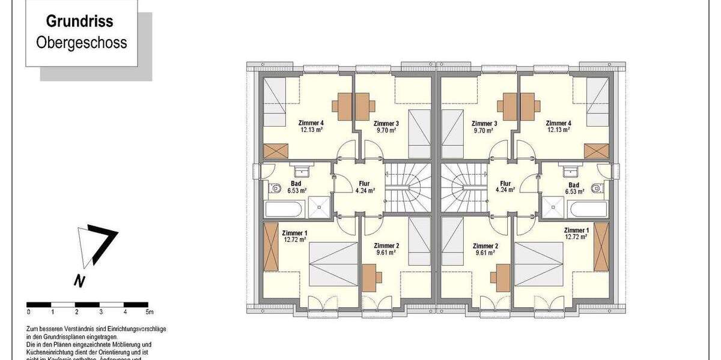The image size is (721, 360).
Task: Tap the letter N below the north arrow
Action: [79, 280]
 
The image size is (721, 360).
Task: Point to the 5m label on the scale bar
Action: [150, 312]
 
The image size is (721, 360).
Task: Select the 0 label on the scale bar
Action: [28, 312]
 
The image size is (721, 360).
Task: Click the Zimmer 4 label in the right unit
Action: [559, 124]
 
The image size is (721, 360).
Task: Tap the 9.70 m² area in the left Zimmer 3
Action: [386, 130]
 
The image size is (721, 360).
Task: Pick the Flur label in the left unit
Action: [365, 184]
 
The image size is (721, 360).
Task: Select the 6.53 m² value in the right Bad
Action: [574, 191]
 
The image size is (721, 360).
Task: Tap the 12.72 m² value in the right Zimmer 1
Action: [576, 236]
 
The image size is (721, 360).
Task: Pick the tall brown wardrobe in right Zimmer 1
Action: [601, 247]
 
